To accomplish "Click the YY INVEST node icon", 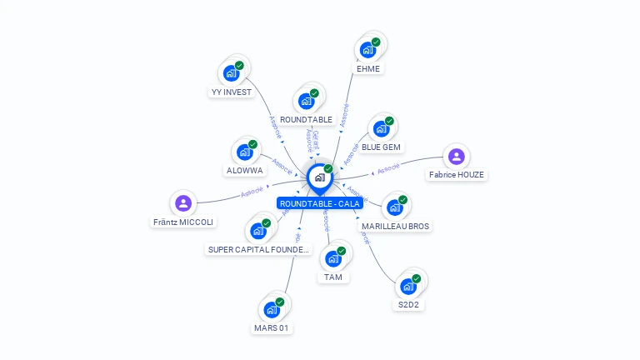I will (231, 73).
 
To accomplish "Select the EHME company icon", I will (367, 50).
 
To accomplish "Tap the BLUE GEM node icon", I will (381, 129).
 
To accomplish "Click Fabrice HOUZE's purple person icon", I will (456, 156).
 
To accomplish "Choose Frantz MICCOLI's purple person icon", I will (183, 202).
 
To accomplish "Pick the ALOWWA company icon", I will (244, 152).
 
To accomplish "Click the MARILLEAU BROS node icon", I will (395, 207).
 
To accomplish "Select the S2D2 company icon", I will (407, 287).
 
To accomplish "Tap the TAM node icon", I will (332, 259).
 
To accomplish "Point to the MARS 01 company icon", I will (271, 310).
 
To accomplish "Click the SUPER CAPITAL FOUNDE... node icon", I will (257, 231).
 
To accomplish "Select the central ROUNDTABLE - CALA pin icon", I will (319, 177).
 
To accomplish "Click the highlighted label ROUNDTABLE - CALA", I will (319, 203).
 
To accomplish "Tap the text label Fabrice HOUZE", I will (456, 175).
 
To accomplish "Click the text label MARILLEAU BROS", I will (396, 226).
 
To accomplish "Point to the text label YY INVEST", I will (231, 92).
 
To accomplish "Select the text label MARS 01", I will (272, 328).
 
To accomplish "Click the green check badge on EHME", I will (376, 42).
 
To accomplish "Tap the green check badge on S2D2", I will (416, 278).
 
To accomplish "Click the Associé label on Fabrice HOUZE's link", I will (388, 168).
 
